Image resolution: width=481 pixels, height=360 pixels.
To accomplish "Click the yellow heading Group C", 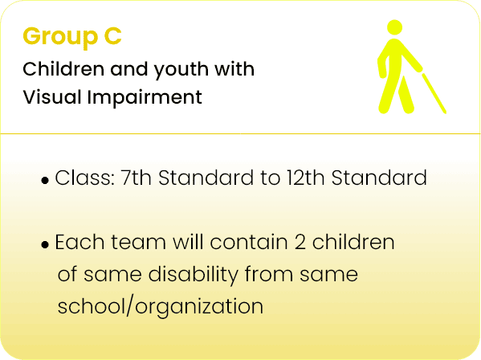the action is tap(72, 37).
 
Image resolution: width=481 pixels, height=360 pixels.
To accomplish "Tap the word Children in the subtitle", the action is tap(63, 69).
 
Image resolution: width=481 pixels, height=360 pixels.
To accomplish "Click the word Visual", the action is tap(52, 97).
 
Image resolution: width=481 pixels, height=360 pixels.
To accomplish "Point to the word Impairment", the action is tap(145, 98).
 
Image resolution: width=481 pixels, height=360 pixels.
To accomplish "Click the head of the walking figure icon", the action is tap(394, 27).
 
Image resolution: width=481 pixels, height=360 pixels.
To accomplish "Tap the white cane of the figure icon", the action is tap(434, 93).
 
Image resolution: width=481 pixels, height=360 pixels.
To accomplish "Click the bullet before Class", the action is tap(45, 181).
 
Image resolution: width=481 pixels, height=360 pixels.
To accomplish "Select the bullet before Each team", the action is tap(45, 244).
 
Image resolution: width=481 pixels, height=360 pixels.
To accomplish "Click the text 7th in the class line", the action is tap(137, 178).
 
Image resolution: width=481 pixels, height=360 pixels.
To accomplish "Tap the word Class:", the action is tap(84, 178).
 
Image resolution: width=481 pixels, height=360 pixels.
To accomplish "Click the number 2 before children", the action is tap(300, 242).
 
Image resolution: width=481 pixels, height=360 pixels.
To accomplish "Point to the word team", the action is tap(138, 242).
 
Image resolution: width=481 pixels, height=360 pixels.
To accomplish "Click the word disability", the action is tap(194, 275).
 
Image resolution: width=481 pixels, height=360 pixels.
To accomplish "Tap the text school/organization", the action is tap(161, 307).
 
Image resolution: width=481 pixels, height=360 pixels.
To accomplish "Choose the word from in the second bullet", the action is tap(269, 274).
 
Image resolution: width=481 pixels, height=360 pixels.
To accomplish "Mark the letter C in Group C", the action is tap(113, 36).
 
